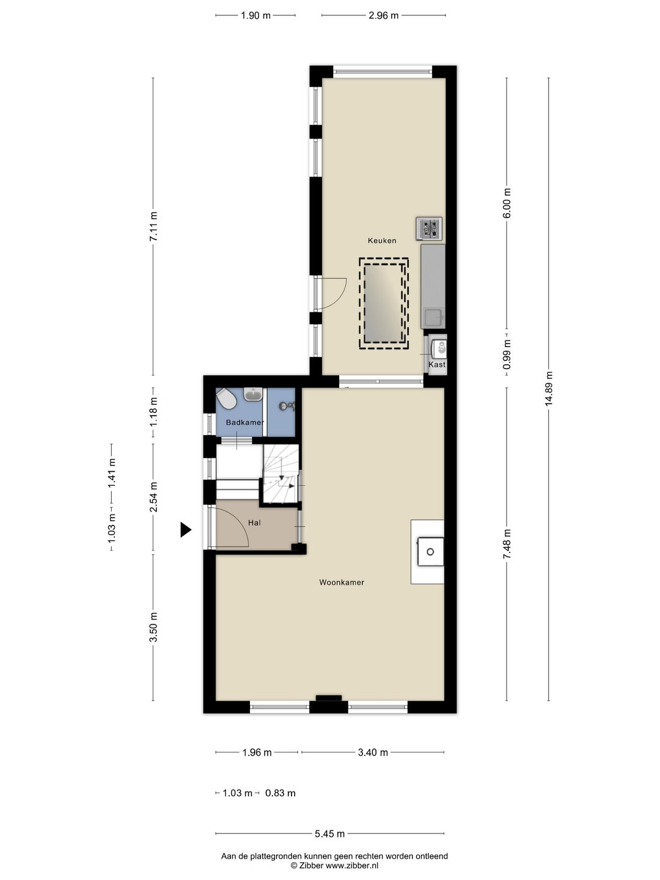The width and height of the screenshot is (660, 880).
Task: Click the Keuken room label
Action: coord(382,241)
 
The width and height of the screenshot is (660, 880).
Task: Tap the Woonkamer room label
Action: coord(342,582)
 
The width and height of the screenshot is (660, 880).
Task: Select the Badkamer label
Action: coord(245,422)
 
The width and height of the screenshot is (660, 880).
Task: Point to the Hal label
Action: coord(254,522)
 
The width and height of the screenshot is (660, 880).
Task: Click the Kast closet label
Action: coord(437,364)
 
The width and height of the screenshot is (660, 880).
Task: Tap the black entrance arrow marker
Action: coord(186,530)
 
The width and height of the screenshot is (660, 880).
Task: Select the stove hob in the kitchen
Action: coord(429,229)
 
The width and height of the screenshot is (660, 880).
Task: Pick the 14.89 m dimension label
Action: coord(549,389)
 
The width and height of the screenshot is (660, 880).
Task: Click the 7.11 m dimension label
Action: coord(153,227)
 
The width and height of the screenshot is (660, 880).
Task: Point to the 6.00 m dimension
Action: coord(507,203)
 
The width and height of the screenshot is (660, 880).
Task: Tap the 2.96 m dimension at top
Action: coord(384,16)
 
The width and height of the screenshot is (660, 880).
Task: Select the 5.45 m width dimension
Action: coord(329,834)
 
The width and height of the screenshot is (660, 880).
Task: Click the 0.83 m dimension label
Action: coord(280,793)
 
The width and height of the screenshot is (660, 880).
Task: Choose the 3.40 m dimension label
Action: coord(373,752)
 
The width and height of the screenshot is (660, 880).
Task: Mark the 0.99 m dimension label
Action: coord(507,354)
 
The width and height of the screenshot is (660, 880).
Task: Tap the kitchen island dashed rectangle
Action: coord(384,304)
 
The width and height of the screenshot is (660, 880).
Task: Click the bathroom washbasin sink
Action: coord(252,394)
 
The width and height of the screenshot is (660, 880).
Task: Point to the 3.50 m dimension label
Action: coord(153,628)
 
